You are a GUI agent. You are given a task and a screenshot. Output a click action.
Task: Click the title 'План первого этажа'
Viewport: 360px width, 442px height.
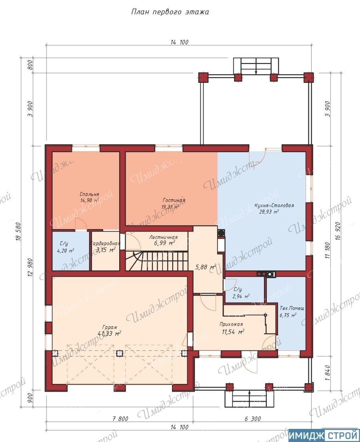coord(170,12)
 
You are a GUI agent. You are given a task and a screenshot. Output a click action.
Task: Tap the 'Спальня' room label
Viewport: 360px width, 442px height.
coord(89,194)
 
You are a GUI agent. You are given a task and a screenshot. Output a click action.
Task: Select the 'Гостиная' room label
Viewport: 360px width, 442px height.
coord(174,200)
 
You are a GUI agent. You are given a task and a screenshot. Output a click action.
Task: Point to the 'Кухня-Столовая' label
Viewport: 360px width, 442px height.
coord(274,205)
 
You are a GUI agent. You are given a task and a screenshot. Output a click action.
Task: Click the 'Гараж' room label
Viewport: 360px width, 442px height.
coord(110,328)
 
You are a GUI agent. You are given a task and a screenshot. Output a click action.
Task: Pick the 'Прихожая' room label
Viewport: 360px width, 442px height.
coord(231,324)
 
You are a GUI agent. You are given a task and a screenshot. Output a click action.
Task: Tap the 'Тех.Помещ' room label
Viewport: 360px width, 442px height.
coord(292,308)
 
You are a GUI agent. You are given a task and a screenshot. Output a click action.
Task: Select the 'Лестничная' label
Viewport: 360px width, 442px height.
coord(164,237)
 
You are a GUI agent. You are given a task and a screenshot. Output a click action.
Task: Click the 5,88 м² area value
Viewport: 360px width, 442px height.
coord(206,266)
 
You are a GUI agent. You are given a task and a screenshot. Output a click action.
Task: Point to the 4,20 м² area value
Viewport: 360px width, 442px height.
coord(65,250)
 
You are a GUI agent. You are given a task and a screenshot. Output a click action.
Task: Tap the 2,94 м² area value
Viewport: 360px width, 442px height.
coord(241,296)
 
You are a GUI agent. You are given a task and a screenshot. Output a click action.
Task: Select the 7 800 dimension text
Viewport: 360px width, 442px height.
coord(120,419)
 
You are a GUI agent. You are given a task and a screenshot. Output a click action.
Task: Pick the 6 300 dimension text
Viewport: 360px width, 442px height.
coord(252,419)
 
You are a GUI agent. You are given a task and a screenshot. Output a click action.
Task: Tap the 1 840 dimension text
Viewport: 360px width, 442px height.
coord(327,373)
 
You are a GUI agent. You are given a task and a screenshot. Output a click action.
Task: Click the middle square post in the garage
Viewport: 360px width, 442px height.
coord(120,353)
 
